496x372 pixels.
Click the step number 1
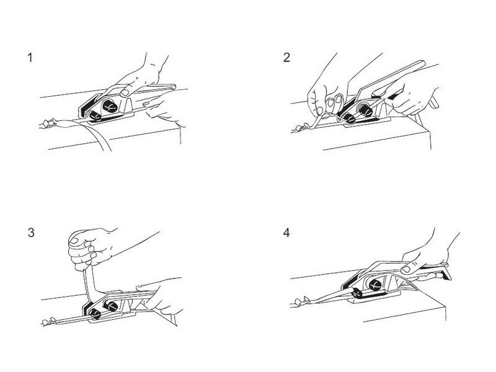click(x=30, y=58)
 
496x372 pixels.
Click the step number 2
click(x=286, y=58)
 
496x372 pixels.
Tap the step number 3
click(x=30, y=233)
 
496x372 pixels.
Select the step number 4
click(x=286, y=233)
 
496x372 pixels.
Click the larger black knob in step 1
click(x=110, y=105)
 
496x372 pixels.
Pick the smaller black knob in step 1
click(x=95, y=116)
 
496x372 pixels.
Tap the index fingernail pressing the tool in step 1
click(x=125, y=92)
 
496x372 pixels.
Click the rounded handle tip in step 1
click(x=173, y=86)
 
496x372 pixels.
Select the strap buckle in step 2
click(x=302, y=128)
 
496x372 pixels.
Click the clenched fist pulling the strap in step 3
click(x=89, y=247)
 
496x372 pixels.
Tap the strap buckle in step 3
click(x=48, y=322)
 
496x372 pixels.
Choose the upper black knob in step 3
click(x=111, y=306)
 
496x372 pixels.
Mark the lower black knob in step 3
click(x=95, y=314)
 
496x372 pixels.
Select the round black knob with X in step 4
click(x=375, y=285)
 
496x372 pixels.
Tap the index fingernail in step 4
click(x=406, y=270)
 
